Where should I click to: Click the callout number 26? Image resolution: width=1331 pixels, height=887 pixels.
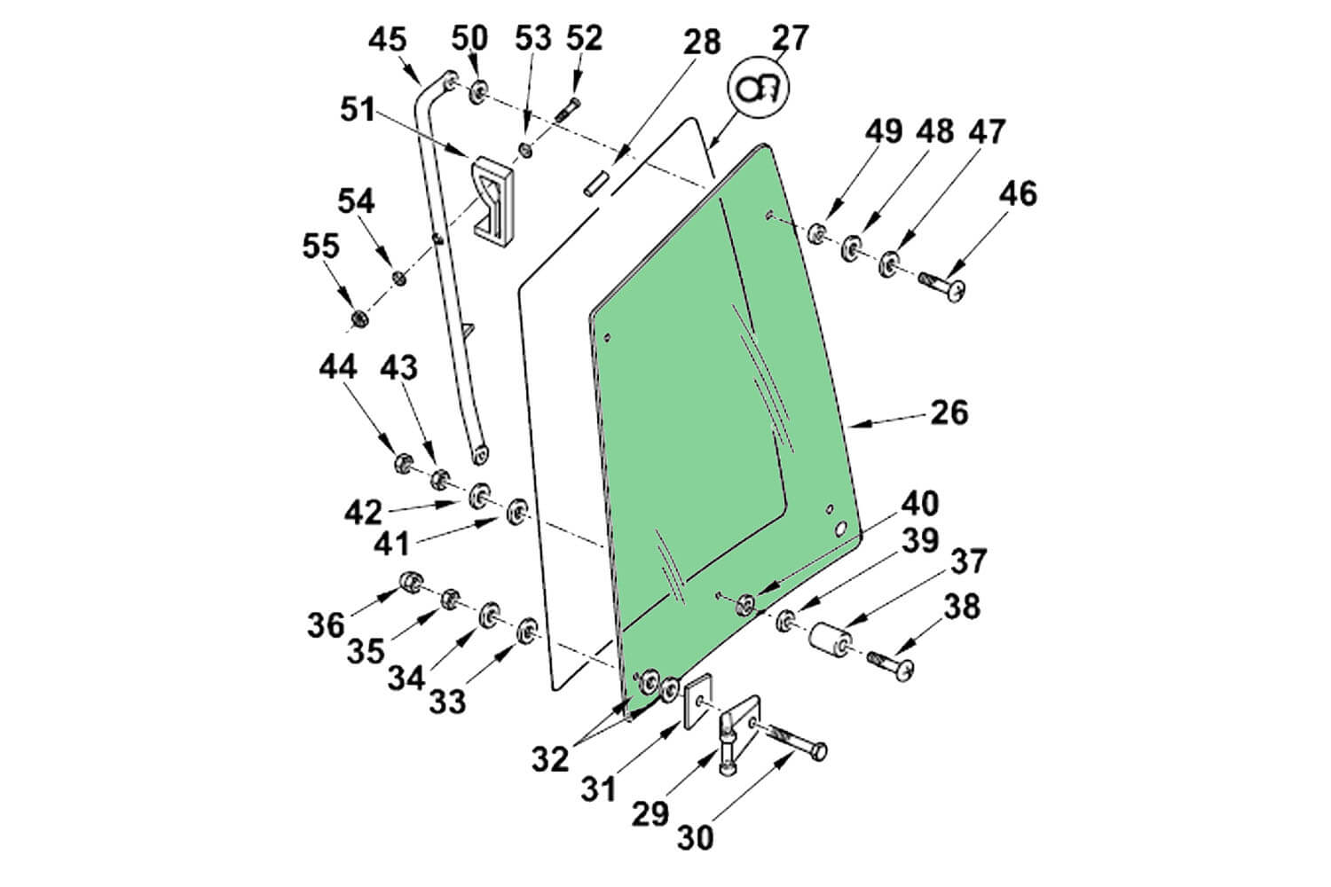click(949, 412)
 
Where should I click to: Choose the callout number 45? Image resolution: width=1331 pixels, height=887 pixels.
click(387, 40)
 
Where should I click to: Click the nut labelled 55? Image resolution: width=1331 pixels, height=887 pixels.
click(359, 318)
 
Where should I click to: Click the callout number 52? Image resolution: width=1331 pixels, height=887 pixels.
click(583, 37)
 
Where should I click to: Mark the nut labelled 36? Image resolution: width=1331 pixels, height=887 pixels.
click(409, 583)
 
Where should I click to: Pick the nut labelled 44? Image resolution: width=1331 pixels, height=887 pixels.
click(401, 463)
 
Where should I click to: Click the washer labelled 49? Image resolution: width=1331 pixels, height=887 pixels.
click(817, 234)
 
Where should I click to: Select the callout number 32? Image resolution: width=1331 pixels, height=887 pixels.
click(550, 758)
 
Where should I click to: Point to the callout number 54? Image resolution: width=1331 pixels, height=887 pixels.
click(355, 200)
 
